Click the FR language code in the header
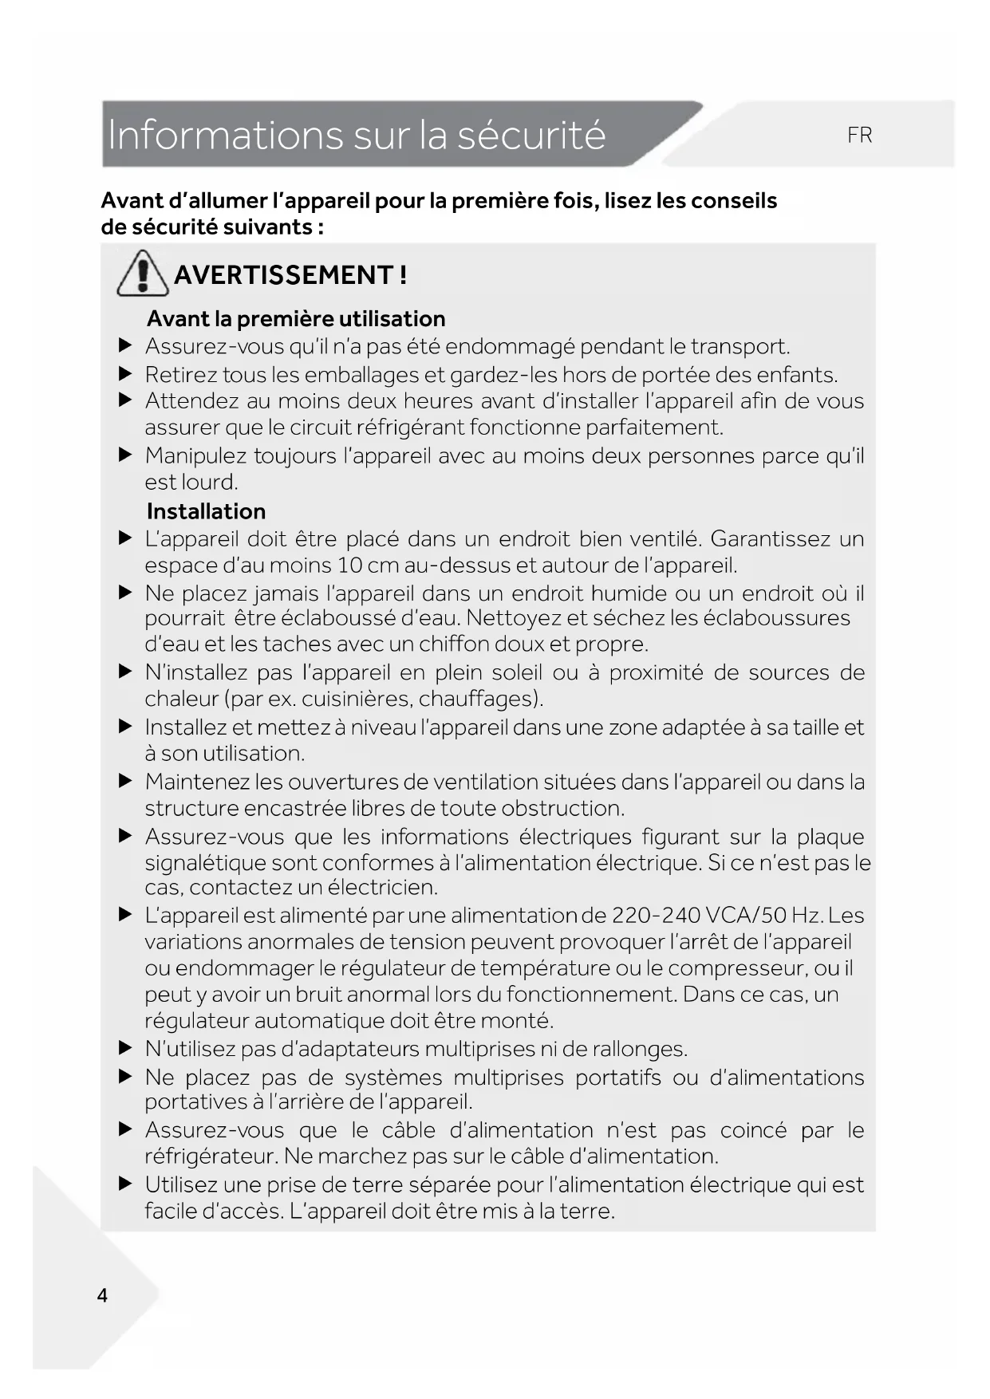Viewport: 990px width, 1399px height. pyautogui.click(x=859, y=136)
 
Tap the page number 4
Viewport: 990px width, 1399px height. pyautogui.click(x=102, y=1295)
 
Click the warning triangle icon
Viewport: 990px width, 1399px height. pyautogui.click(x=143, y=273)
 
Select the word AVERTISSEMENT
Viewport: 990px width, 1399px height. pyautogui.click(x=283, y=275)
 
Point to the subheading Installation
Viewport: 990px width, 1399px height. pyautogui.click(x=206, y=511)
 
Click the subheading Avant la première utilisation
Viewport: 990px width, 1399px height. pyautogui.click(x=296, y=319)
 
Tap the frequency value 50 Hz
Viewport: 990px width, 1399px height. pyautogui.click(x=789, y=916)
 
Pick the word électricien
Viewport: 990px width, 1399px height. pyautogui.click(x=382, y=888)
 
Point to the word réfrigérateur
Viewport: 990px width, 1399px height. pyautogui.click(x=211, y=1157)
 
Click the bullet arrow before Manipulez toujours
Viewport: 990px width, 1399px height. pyautogui.click(x=124, y=455)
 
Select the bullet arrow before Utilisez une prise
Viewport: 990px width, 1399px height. pyautogui.click(x=124, y=1184)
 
